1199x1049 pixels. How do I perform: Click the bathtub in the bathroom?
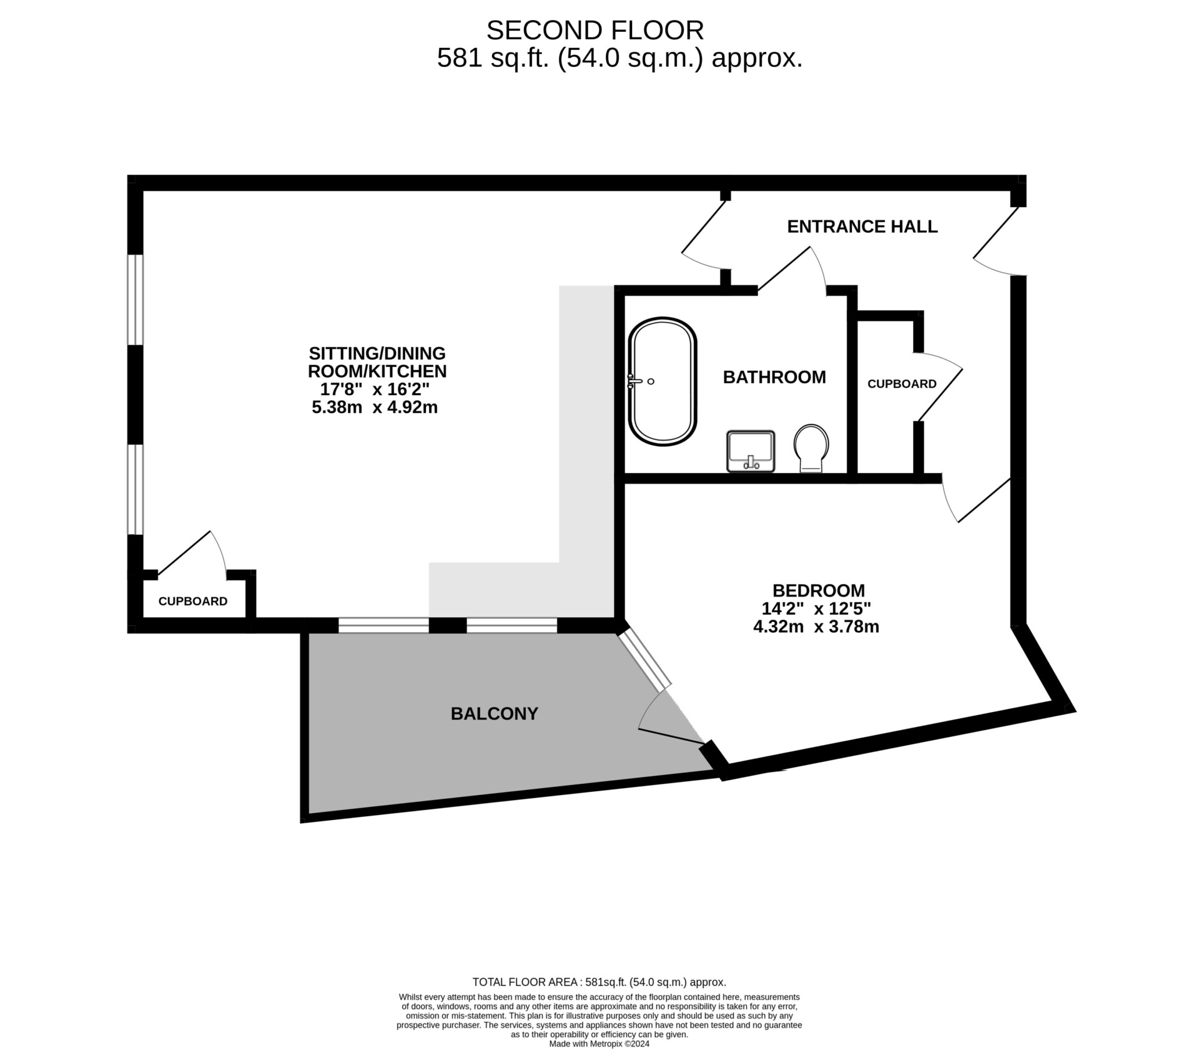[663, 382]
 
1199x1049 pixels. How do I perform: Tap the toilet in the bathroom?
[811, 448]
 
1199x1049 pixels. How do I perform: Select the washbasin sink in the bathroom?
[751, 451]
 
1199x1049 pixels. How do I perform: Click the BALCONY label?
[495, 713]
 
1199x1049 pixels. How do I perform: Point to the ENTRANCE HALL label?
[862, 227]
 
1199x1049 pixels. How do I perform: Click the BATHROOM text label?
[774, 377]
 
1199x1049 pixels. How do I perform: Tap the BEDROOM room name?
[819, 590]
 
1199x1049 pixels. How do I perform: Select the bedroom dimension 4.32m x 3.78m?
[816, 627]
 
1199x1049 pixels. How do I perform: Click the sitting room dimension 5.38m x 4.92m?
[375, 407]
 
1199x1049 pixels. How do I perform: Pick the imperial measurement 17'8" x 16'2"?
[375, 389]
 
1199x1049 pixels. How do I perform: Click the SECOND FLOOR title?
[595, 30]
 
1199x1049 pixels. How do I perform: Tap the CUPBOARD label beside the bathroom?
[902, 384]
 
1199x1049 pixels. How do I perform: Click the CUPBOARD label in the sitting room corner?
[193, 601]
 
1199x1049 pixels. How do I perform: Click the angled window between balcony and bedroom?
[644, 660]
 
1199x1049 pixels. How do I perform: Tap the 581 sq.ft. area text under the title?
[619, 59]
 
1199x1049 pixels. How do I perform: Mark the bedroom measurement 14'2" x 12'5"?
[816, 608]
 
